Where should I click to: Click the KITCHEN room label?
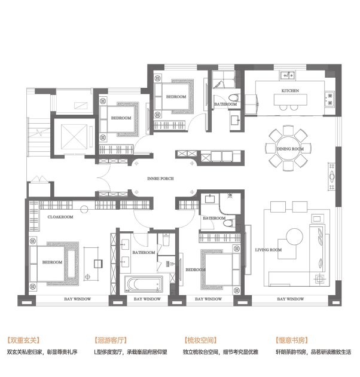[290, 91]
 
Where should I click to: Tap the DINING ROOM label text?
[290, 149]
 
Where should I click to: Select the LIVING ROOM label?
[269, 250]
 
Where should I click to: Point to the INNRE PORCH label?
[160, 179]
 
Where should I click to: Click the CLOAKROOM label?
[60, 217]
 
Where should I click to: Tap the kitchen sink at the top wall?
[287, 75]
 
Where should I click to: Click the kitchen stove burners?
[330, 99]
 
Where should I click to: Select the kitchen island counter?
[290, 100]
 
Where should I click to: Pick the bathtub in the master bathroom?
[144, 284]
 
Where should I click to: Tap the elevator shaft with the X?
[74, 137]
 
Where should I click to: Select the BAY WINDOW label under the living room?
[291, 299]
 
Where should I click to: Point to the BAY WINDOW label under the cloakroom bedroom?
[78, 299]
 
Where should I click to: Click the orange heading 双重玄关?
[23, 340]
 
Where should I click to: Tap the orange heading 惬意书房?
[292, 340]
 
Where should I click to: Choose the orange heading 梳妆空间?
[201, 340]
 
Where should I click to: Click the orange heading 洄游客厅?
[111, 340]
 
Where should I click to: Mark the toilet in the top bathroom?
[234, 98]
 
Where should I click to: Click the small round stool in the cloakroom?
[84, 209]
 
